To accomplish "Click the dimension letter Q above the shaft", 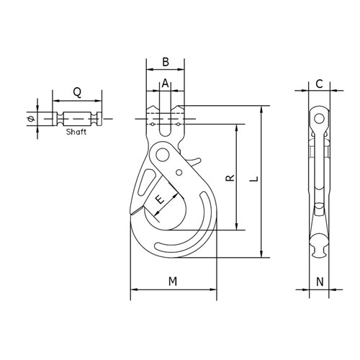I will (x=76, y=92).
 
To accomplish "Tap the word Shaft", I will (x=76, y=133).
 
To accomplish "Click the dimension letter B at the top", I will (x=166, y=62).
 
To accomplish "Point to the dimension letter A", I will (x=166, y=84).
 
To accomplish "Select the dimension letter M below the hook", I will (x=173, y=282).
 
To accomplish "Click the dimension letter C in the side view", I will (x=318, y=84).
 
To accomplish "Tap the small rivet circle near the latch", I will (x=179, y=173).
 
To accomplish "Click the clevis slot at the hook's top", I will (x=166, y=120).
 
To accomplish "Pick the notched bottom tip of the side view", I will (x=318, y=249).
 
